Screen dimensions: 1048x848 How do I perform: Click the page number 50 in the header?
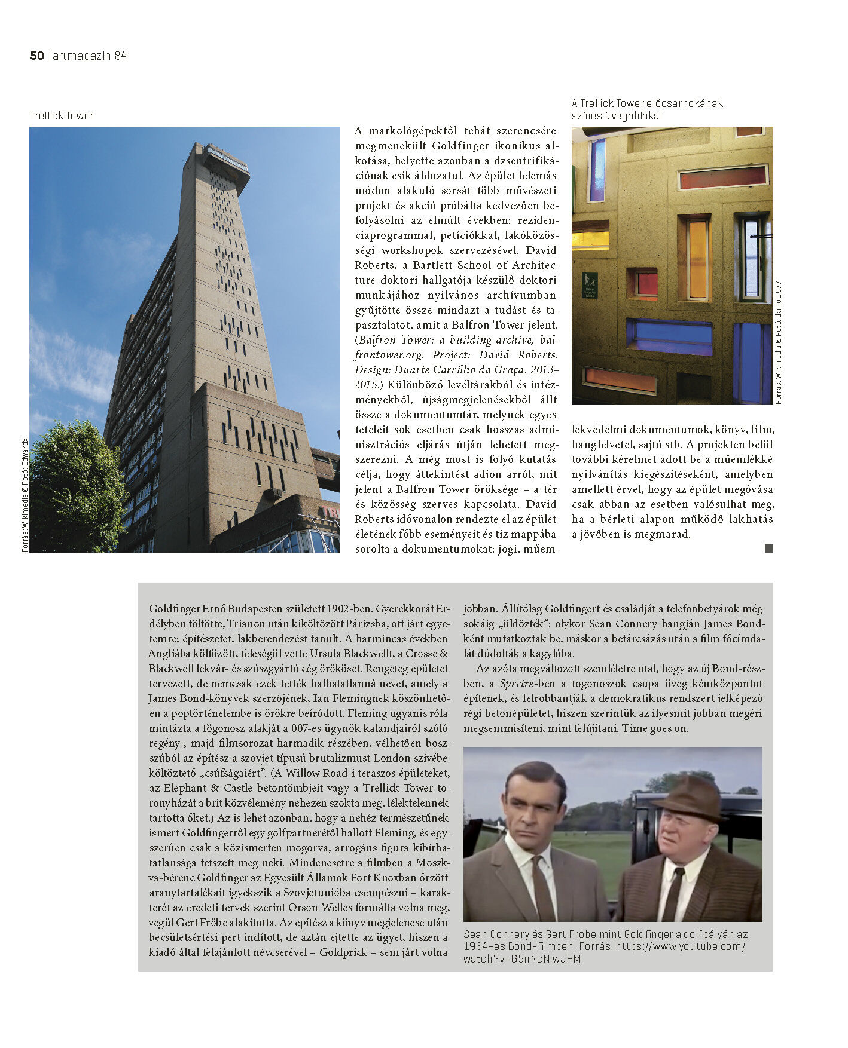tap(36, 56)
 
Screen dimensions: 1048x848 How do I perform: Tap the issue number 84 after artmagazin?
tap(120, 56)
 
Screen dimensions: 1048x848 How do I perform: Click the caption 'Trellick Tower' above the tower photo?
tap(62, 116)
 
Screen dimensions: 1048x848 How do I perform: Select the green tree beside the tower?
tap(72, 484)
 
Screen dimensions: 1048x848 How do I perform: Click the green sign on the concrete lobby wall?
tap(590, 285)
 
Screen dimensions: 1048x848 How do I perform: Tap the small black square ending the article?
tap(769, 548)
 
